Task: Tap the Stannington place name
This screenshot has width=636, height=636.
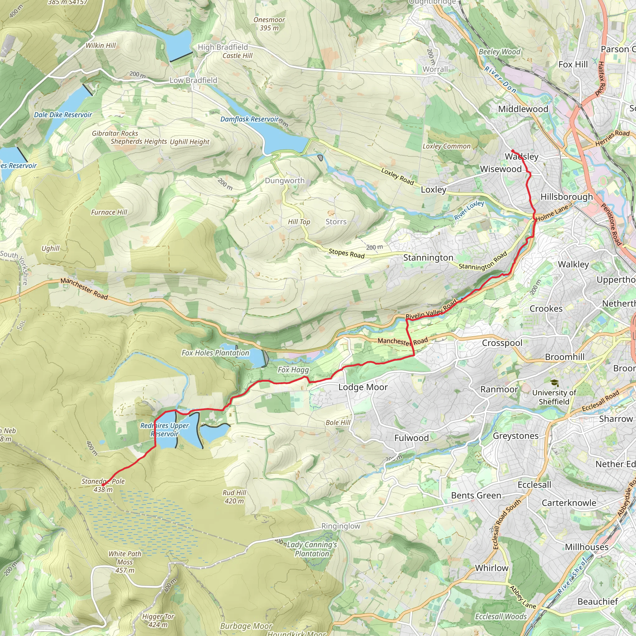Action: click(x=428, y=258)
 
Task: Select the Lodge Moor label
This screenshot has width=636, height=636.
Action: click(x=363, y=387)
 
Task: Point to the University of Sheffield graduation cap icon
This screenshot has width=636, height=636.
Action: click(x=554, y=383)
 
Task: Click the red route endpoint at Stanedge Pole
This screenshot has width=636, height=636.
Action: click(x=103, y=485)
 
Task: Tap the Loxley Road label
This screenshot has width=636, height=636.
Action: click(x=397, y=176)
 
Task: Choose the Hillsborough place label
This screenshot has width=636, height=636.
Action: click(x=566, y=197)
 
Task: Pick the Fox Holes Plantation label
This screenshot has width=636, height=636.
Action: click(x=216, y=353)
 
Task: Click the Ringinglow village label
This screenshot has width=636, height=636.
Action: click(x=341, y=526)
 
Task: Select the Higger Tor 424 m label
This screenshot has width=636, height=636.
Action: click(x=158, y=620)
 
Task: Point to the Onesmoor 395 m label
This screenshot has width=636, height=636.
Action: click(x=269, y=24)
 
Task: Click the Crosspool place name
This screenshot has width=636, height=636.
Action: click(x=502, y=343)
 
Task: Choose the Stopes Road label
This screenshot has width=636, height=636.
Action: click(x=347, y=253)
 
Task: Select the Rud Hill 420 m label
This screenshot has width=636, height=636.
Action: click(x=234, y=497)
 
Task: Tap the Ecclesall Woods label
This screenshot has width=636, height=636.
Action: click(x=501, y=616)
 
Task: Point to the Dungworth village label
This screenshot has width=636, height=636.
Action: click(x=285, y=181)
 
